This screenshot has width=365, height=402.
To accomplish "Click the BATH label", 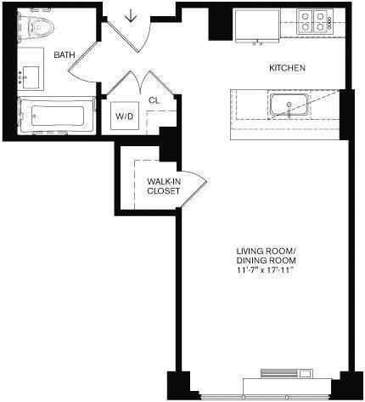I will pos(64,55).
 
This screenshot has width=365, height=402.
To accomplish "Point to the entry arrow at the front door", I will pos(132,16).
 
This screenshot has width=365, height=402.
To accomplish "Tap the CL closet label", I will pos(153,100).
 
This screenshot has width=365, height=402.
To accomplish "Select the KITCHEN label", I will pos(287,68).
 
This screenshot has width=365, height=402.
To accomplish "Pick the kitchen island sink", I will pos(289,106).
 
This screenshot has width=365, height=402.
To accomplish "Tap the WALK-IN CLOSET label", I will pos(162,186).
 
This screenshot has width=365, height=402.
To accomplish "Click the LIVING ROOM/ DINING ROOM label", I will pos(266,256).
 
